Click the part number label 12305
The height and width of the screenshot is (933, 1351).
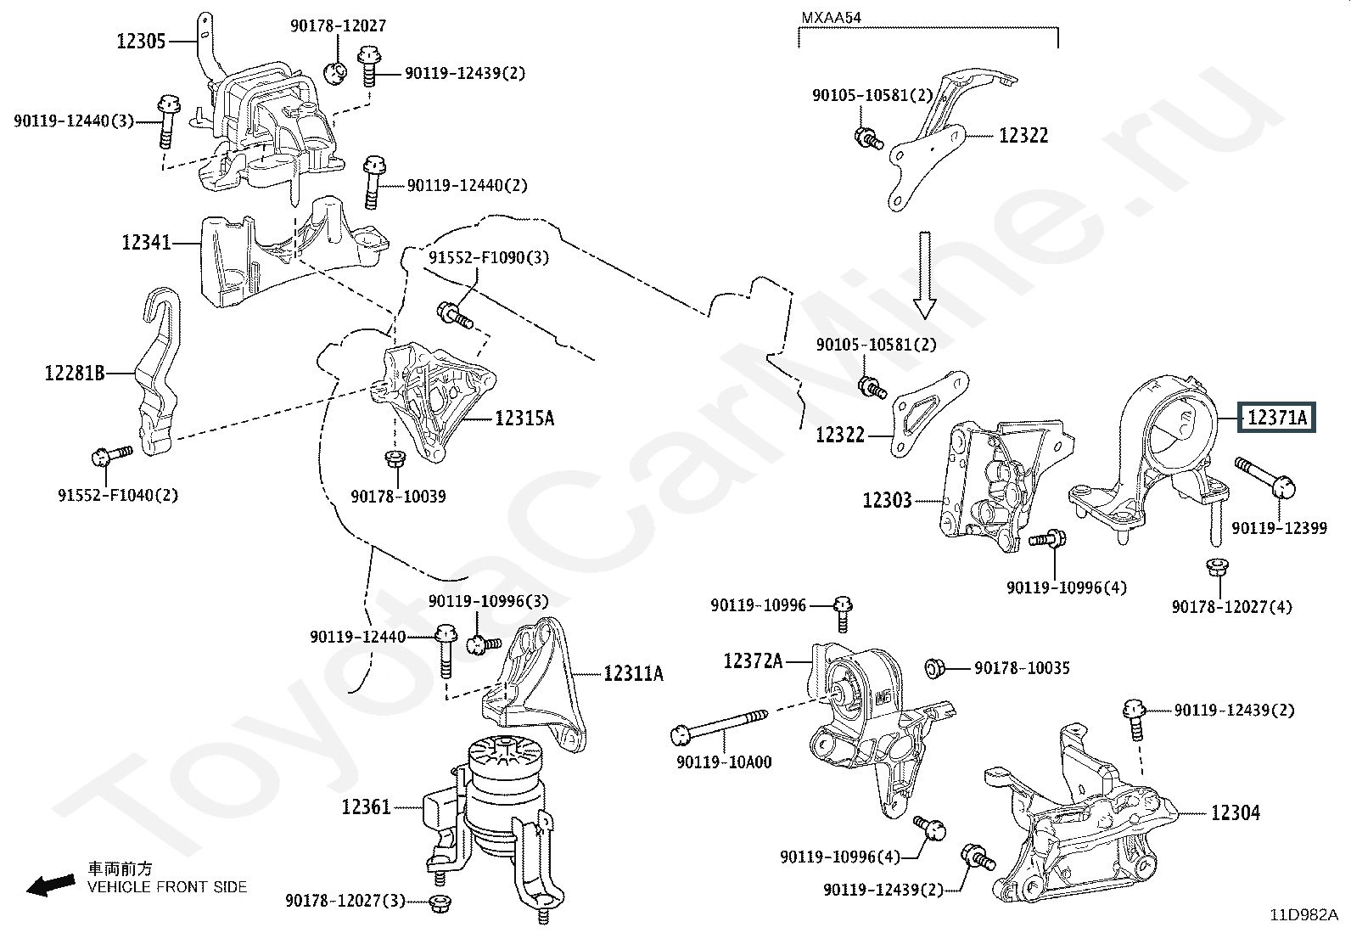(x=141, y=40)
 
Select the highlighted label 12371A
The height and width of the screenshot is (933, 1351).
(x=1276, y=418)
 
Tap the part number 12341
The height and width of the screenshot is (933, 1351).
(x=146, y=243)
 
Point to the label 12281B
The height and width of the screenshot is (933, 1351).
(x=75, y=372)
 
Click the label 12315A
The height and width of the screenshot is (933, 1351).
(x=524, y=418)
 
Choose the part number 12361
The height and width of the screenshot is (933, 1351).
(x=366, y=807)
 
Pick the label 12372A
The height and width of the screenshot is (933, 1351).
(x=753, y=660)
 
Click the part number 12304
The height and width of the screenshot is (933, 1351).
(x=1235, y=813)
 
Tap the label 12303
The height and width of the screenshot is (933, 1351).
(x=887, y=500)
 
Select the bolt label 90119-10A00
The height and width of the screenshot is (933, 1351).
(x=724, y=762)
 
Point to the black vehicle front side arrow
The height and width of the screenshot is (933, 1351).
(x=50, y=885)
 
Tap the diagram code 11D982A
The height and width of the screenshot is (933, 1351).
(x=1303, y=915)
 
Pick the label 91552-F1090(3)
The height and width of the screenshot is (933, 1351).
(x=488, y=257)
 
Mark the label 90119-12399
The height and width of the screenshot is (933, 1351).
(x=1279, y=529)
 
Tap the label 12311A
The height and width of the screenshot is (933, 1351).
(x=634, y=673)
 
